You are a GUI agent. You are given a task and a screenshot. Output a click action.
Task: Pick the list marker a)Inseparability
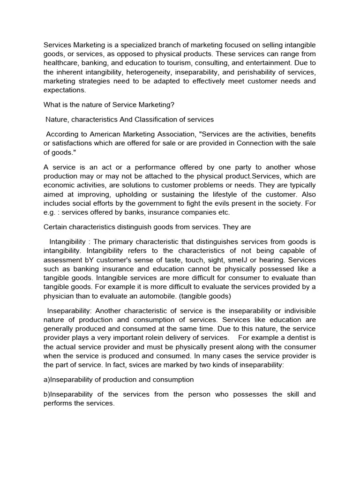68,379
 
